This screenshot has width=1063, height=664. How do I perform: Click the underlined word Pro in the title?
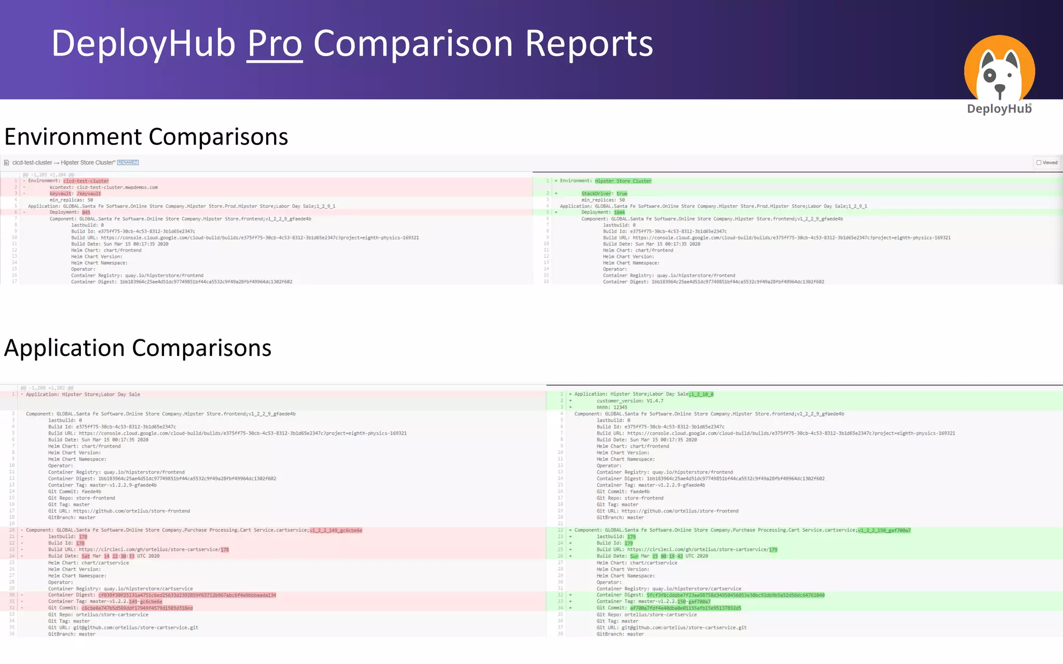click(275, 44)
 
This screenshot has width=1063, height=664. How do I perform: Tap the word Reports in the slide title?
click(589, 44)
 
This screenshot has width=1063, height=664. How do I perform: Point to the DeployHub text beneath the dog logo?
click(999, 109)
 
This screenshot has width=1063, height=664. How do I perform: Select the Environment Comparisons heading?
click(146, 137)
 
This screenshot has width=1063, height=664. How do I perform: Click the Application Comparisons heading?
click(138, 348)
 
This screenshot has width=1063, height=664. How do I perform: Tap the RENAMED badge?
click(128, 162)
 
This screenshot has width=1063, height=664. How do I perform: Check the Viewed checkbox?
click(1039, 162)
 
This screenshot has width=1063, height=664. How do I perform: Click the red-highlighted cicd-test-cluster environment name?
click(86, 181)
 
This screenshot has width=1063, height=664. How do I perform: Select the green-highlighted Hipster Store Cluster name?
click(623, 181)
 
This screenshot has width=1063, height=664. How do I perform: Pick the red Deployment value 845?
click(86, 212)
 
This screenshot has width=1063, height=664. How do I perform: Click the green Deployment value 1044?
click(619, 212)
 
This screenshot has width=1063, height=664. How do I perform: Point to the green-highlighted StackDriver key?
click(596, 193)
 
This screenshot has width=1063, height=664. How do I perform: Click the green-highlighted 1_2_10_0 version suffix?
click(701, 394)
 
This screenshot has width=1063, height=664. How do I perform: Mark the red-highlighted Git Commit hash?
click(137, 608)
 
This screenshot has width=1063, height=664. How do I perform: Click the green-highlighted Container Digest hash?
click(735, 595)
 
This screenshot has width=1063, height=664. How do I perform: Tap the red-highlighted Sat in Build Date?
click(86, 556)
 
